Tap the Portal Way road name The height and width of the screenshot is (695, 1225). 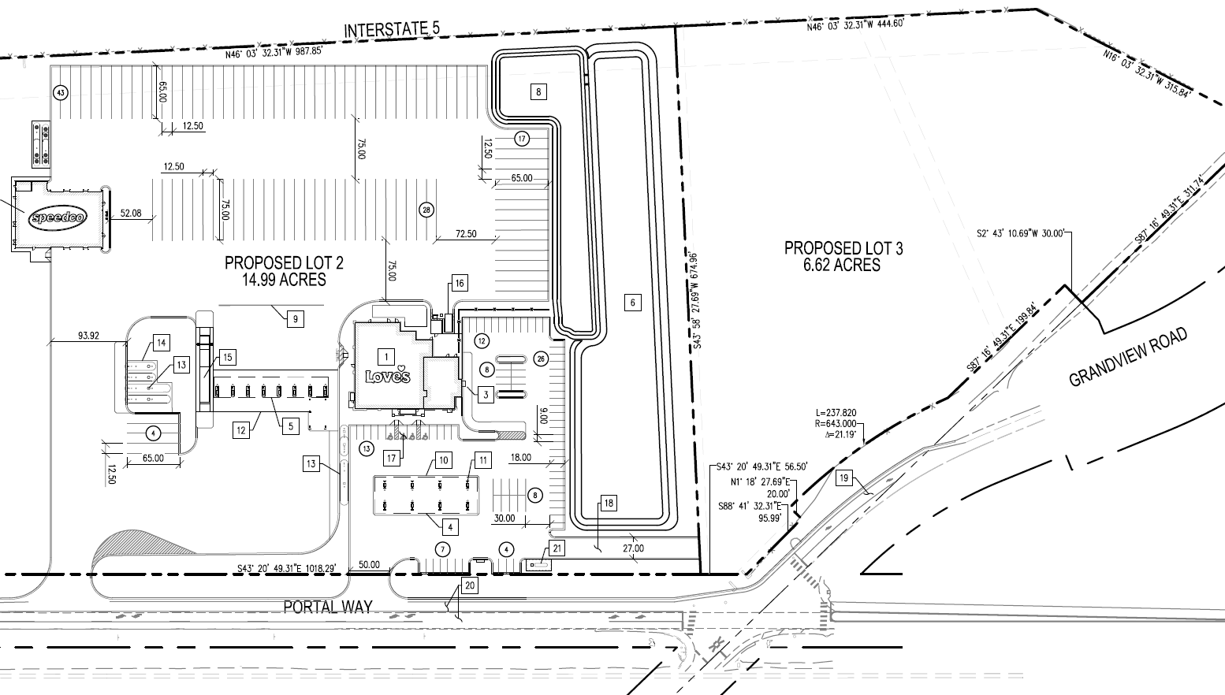(327, 607)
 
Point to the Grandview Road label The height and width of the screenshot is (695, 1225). (1127, 358)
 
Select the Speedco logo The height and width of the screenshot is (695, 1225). (59, 217)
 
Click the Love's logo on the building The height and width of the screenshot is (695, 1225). (388, 374)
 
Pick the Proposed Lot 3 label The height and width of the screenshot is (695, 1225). (843, 248)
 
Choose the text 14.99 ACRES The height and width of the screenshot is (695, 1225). (285, 280)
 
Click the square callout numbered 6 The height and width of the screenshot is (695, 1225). (632, 302)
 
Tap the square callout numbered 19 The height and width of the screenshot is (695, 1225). (844, 478)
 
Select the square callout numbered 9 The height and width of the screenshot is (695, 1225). (295, 318)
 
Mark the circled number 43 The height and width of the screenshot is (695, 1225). (60, 92)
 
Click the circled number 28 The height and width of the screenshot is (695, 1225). (426, 210)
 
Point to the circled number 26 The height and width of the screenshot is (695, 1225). (541, 359)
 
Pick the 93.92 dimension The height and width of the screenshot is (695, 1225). (88, 336)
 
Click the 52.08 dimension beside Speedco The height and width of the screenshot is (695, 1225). (131, 213)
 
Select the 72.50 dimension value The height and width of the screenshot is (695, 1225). (465, 234)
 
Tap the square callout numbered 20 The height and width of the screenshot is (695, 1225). (470, 585)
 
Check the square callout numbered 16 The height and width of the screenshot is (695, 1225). (460, 284)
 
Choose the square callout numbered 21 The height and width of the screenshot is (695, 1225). (557, 548)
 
